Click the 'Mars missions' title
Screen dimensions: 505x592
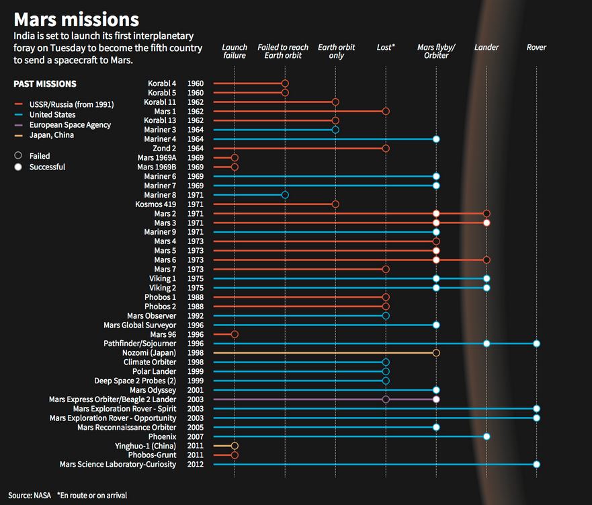click(x=77, y=19)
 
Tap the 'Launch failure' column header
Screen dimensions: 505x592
click(x=235, y=52)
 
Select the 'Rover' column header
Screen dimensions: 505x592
click(x=536, y=48)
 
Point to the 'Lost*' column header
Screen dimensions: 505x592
click(x=386, y=48)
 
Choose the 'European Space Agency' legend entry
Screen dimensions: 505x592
click(x=70, y=125)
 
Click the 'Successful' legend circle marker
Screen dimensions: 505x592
click(x=17, y=167)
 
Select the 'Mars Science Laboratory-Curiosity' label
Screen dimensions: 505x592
click(x=118, y=465)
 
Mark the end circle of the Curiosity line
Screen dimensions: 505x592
click(x=536, y=465)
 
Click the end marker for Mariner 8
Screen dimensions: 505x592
click(x=285, y=195)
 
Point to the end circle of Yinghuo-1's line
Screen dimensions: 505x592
click(x=235, y=446)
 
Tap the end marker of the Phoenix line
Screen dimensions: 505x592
click(x=487, y=436)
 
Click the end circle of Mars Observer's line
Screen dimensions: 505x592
click(x=386, y=315)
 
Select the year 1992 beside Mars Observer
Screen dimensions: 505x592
click(x=196, y=315)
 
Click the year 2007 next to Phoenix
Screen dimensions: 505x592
click(x=196, y=436)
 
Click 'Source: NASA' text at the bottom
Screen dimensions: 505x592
click(x=29, y=496)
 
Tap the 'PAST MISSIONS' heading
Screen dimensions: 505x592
click(x=45, y=84)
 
